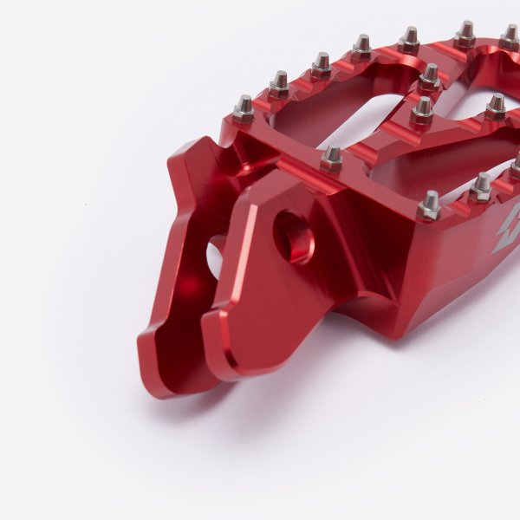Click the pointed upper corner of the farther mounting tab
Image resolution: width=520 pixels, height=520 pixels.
click(198, 144)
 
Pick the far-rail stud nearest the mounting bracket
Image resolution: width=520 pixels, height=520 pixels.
click(244, 108)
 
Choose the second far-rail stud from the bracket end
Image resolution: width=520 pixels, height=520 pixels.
click(279, 84)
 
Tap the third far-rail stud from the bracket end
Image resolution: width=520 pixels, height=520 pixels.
click(322, 63)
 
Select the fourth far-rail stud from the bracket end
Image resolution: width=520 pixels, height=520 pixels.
click(361, 45)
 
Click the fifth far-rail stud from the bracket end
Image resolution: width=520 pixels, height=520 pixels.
click(409, 37)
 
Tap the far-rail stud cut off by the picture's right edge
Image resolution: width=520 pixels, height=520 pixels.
click(511, 36)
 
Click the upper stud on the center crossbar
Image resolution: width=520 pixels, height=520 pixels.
click(430, 76)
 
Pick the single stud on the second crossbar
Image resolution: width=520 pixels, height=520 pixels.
click(496, 106)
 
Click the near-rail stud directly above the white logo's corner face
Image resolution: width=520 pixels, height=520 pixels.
click(429, 205)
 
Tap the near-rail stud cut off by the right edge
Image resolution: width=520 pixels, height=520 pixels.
click(516, 166)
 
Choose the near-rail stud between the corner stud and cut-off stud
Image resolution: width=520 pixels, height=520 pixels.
click(482, 185)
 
